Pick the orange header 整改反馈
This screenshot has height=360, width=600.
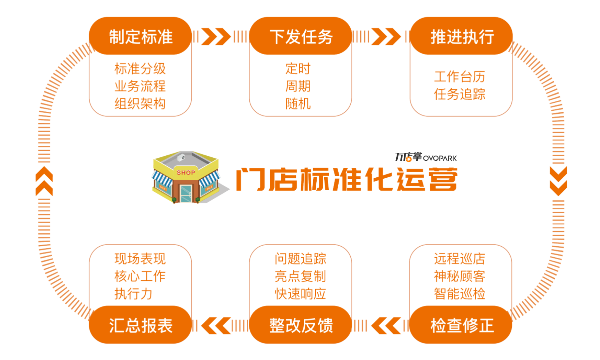300,325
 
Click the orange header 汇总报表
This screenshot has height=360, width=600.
141,325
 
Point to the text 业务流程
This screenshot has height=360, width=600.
140,86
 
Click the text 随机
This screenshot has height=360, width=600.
298,103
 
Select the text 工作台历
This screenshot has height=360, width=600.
459,77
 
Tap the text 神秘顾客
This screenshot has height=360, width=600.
459,276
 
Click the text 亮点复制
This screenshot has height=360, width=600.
300,276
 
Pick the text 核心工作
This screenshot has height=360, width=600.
140,276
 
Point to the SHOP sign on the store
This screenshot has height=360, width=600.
186,172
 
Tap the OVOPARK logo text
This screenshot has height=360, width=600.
440,158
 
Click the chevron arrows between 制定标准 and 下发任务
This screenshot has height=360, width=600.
216,36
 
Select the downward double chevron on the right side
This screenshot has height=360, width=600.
558,181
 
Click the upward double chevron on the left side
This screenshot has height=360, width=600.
44,181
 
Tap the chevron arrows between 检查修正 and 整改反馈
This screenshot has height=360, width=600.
386,326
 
